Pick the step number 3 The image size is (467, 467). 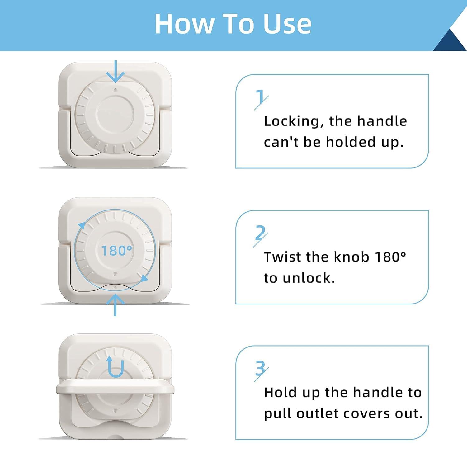click(260, 369)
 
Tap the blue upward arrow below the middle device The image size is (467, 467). click(116, 305)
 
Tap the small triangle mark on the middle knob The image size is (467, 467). click(116, 274)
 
